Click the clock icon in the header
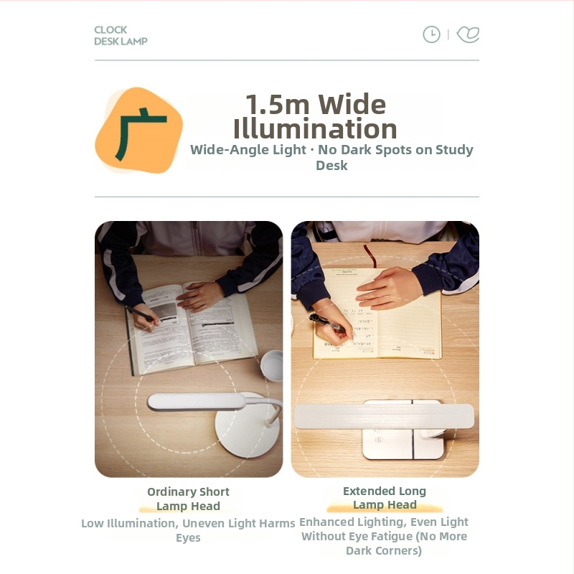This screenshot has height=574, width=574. [432, 34]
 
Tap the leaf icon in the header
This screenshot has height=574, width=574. [469, 34]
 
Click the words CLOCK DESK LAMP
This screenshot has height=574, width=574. [121, 35]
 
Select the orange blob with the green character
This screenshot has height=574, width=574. [138, 130]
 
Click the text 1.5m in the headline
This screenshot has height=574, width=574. [278, 105]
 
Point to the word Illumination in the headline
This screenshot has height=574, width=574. [315, 128]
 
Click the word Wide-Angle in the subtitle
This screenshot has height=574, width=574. [248, 150]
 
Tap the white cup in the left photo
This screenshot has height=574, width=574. [272, 365]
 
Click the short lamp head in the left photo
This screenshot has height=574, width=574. [197, 402]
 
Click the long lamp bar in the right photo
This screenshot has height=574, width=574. [384, 416]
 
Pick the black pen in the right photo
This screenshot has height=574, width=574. [327, 322]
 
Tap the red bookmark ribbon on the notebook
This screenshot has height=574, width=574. [370, 255]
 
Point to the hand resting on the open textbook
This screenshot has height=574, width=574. [200, 296]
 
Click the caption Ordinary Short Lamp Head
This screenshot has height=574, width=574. [188, 499]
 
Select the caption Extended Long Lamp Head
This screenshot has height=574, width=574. [385, 498]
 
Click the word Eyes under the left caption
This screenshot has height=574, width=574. [188, 537]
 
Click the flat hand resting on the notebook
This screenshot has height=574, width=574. [389, 288]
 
